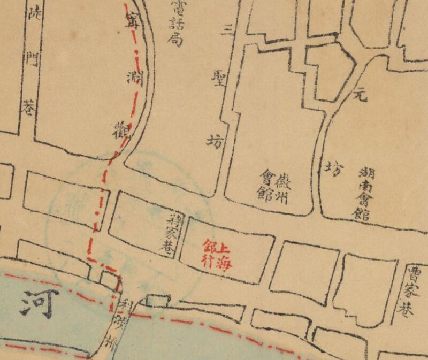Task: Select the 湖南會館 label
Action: point(363,192)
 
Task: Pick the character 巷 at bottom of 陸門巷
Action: point(29,109)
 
